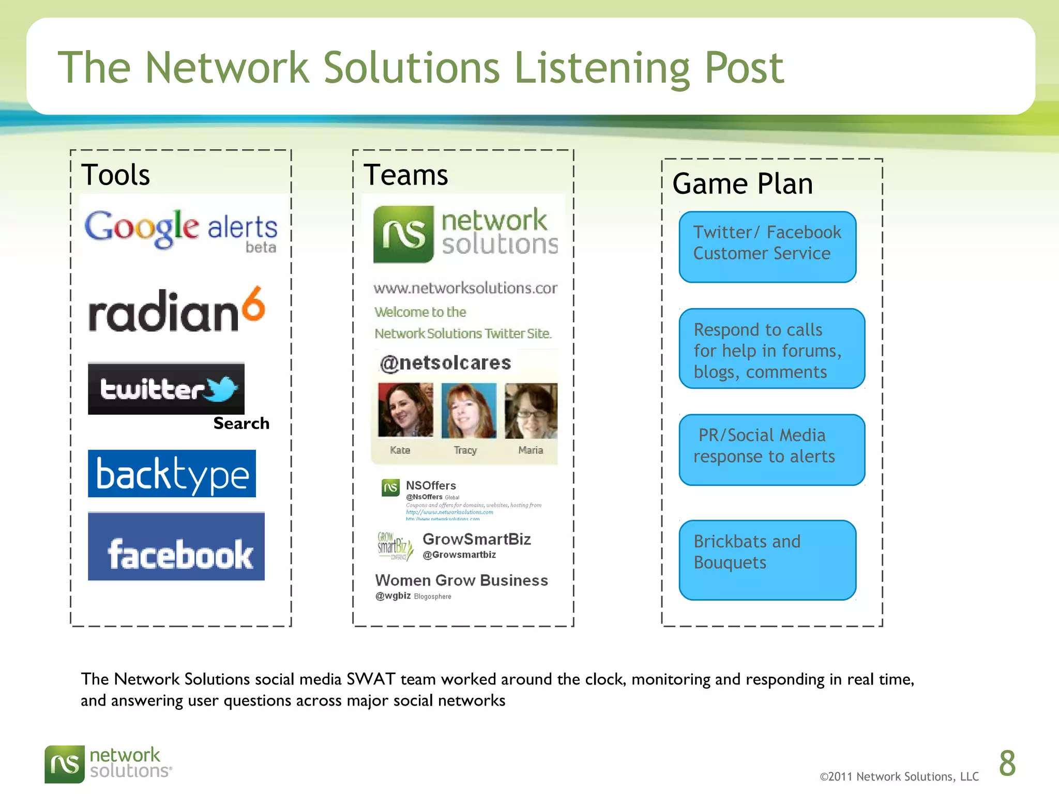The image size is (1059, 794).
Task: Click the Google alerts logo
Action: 181,230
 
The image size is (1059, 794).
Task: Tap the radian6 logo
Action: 176,310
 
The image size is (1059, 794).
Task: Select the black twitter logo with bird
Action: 166,389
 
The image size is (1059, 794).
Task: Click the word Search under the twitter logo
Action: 241,423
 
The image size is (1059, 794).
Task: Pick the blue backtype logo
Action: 172,474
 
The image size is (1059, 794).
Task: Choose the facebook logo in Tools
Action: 176,547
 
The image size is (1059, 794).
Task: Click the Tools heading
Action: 116,175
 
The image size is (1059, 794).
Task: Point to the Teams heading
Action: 406,175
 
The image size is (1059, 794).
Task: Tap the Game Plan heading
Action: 743,184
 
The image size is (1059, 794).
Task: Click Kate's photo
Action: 405,410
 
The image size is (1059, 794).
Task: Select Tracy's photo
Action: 468,410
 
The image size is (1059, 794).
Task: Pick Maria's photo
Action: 531,410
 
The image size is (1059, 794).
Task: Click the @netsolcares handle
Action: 445,363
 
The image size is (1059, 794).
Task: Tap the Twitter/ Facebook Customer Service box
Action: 767,247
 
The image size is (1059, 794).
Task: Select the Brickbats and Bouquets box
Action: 767,560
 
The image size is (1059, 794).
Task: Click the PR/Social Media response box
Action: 771,450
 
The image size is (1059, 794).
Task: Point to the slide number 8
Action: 1007,764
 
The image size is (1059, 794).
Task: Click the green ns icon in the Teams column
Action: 403,234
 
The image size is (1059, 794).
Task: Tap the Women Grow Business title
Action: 461,581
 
